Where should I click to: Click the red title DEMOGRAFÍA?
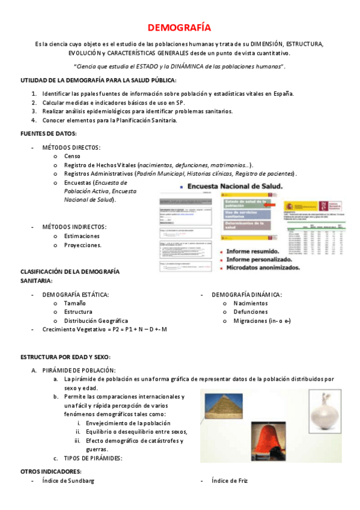pos(179,28)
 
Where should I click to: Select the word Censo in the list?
pos(73,156)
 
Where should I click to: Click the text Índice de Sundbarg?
pos(68,481)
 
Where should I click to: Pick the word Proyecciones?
pos(83,245)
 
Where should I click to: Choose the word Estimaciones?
pos(82,236)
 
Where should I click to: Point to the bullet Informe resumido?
pos(258,251)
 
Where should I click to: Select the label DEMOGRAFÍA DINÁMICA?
pos(246,295)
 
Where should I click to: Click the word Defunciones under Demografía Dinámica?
pos(251,312)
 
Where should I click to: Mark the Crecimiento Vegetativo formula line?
pos(105,330)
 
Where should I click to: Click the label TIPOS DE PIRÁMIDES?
pos(93,458)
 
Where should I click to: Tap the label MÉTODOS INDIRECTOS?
pos(75,227)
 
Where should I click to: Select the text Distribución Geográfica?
pos(96,321)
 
